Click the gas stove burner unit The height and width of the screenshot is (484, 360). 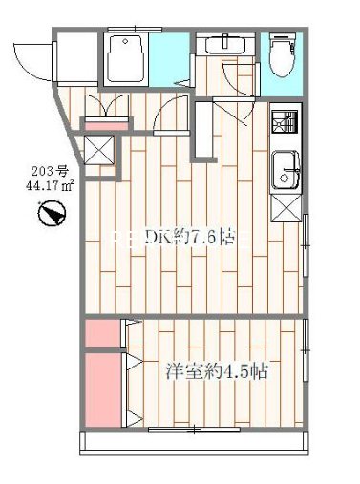[284, 123]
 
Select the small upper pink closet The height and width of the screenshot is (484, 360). [99, 334]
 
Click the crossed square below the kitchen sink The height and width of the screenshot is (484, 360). [285, 207]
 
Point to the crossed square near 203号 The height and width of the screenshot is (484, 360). [98, 148]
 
